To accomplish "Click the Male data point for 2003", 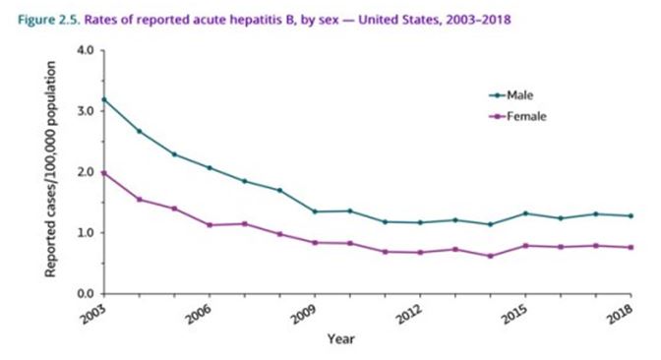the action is pyautogui.click(x=104, y=100).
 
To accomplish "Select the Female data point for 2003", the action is pyautogui.click(x=104, y=173).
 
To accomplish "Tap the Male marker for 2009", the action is pyautogui.click(x=315, y=211).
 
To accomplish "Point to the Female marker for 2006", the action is pyautogui.click(x=210, y=225).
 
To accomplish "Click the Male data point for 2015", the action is pyautogui.click(x=525, y=213).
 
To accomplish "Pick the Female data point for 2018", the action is pyautogui.click(x=631, y=248).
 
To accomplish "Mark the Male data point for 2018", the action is pyautogui.click(x=631, y=215).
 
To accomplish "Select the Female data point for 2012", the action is pyautogui.click(x=420, y=253).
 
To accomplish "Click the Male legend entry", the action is pyautogui.click(x=511, y=95).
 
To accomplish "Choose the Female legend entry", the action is pyautogui.click(x=517, y=116).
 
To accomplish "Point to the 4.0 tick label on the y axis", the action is pyautogui.click(x=86, y=50).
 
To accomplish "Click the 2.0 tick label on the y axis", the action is pyautogui.click(x=86, y=172).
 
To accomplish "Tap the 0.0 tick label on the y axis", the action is pyautogui.click(x=86, y=294).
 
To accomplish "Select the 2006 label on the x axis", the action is pyautogui.click(x=199, y=313).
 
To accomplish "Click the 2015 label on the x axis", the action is pyautogui.click(x=514, y=313).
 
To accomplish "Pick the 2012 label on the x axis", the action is pyautogui.click(x=409, y=313).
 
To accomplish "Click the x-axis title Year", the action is pyautogui.click(x=341, y=339).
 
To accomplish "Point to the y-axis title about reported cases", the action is pyautogui.click(x=50, y=169).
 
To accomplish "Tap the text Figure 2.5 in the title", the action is pyautogui.click(x=49, y=20).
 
